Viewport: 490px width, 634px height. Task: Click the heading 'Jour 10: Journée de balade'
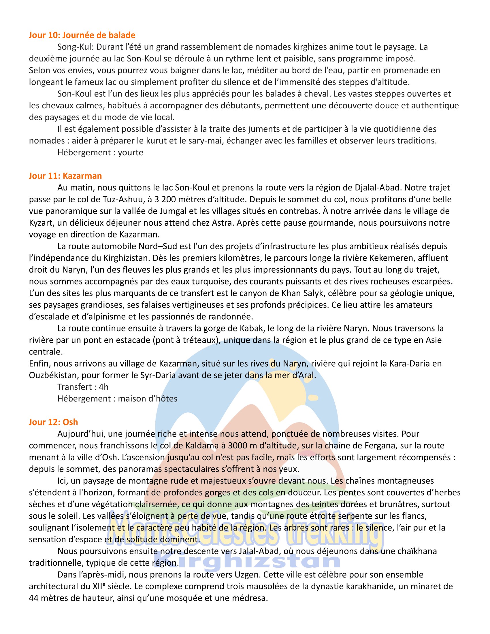[82, 35]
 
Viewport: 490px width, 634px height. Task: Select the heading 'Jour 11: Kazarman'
[65, 176]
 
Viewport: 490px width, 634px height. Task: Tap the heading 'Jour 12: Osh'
[53, 422]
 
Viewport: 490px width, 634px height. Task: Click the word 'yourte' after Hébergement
[131, 152]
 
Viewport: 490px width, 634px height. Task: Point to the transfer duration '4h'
[104, 387]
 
